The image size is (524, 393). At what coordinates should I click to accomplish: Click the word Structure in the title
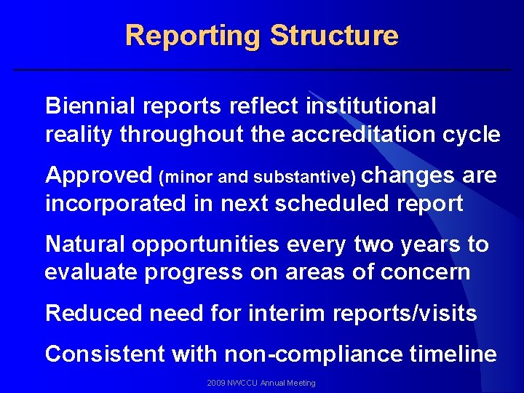(334, 36)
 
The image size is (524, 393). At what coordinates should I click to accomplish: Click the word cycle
(471, 135)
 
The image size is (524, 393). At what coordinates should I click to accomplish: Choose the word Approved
(98, 176)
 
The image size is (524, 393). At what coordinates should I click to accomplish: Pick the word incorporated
(116, 204)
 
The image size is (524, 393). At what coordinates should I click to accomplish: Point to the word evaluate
(92, 272)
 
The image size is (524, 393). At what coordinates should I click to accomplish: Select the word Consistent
(105, 354)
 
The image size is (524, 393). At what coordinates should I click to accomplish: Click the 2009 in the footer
(216, 383)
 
